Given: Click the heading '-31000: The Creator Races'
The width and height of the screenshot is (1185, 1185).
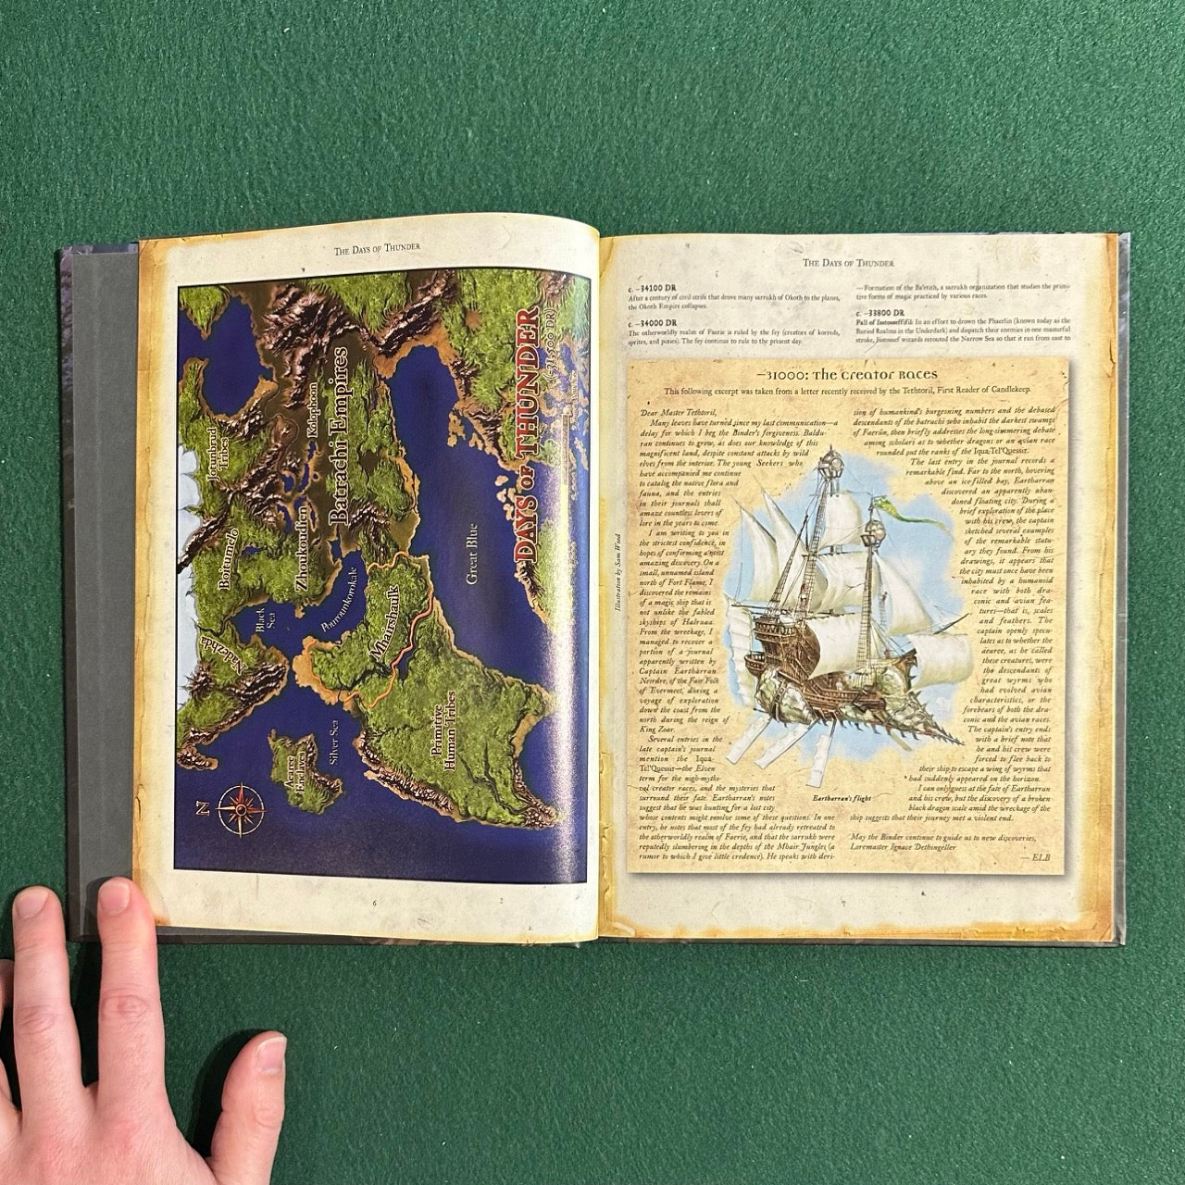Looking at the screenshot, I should point(846,374).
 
